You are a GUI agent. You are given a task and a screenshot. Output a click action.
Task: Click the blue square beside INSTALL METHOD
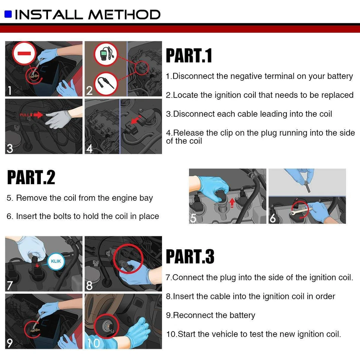click(x=8, y=14)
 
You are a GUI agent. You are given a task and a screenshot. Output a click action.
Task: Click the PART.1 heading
click(x=189, y=55)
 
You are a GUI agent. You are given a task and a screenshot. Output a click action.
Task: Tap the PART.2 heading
click(x=31, y=177)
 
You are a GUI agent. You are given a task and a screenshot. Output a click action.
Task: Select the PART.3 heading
click(x=190, y=256)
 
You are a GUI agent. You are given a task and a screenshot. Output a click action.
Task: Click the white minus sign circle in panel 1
click(x=24, y=53)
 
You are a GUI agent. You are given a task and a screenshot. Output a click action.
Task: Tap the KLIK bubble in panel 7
click(x=56, y=261)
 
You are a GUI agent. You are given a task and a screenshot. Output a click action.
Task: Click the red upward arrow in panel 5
click(x=232, y=202)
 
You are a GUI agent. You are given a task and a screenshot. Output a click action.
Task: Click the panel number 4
click(x=89, y=148)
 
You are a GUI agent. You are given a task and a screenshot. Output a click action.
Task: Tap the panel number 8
click(x=89, y=285)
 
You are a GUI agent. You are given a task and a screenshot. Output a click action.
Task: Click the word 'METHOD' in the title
click(x=124, y=14)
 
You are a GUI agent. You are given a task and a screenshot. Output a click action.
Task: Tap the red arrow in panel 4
click(x=136, y=119)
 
